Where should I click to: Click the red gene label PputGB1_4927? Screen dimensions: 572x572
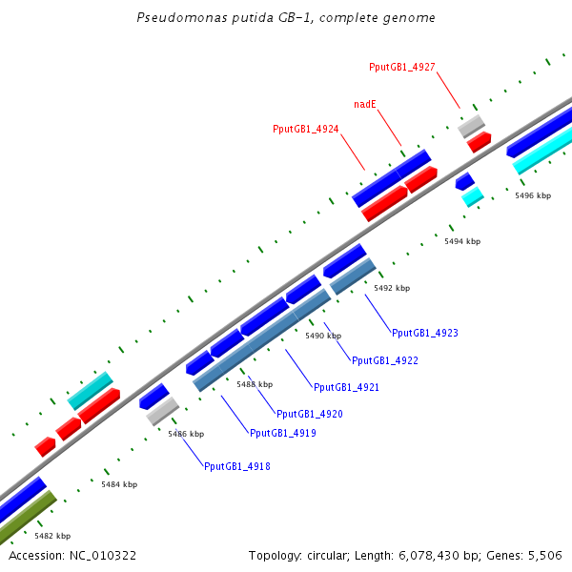(402, 67)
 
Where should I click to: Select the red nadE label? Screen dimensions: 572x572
(363, 103)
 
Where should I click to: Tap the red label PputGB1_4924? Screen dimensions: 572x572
(306, 129)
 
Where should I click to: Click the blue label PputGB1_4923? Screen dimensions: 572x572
(425, 333)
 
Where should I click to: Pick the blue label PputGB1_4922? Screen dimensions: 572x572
(385, 360)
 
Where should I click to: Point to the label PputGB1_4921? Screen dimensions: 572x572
(347, 387)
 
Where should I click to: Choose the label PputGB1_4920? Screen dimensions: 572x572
(310, 414)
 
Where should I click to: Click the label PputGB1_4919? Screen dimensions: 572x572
(283, 433)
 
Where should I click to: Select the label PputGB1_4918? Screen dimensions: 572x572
(236, 466)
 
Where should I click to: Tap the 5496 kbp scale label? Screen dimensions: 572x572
(533, 195)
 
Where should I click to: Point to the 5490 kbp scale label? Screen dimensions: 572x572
(323, 336)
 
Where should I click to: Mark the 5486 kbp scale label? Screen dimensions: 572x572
(186, 434)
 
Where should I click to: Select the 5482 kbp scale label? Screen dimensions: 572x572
(52, 536)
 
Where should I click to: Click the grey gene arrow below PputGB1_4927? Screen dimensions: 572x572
(471, 125)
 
